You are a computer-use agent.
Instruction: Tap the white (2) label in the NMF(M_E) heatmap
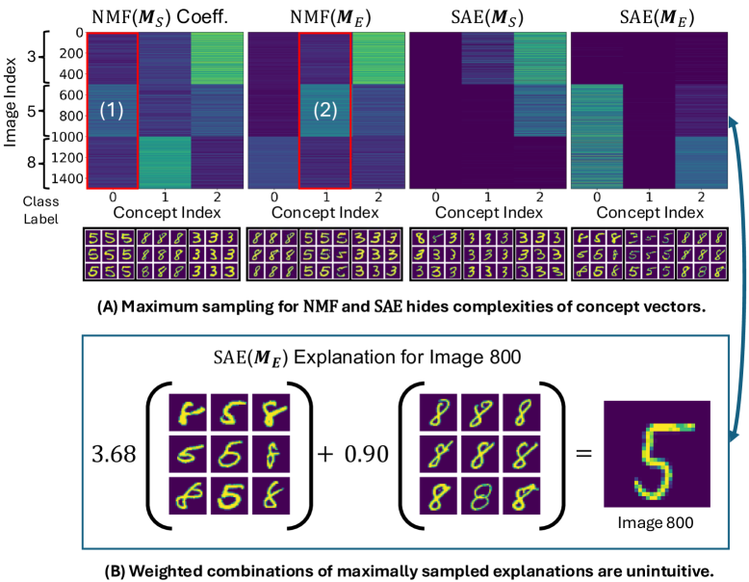pyautogui.click(x=327, y=111)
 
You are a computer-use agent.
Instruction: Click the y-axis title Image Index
pyautogui.click(x=13, y=107)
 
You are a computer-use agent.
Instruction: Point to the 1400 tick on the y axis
pyautogui.click(x=65, y=177)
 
